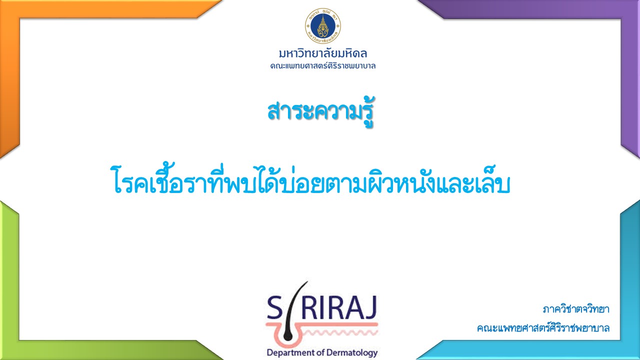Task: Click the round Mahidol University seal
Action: coord(323,25)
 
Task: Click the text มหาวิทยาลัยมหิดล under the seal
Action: coord(323,53)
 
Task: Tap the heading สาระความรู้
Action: coord(320,112)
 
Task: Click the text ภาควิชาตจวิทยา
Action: coord(575,309)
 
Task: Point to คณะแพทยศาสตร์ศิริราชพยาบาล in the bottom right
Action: coord(543,327)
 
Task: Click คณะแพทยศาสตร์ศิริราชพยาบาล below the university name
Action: coord(323,66)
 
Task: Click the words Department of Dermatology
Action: coord(322,352)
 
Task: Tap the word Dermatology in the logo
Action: coord(352,352)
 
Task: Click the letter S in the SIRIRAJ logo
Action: coord(275,308)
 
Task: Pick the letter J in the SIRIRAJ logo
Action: coord(370,308)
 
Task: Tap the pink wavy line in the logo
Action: coord(341,332)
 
